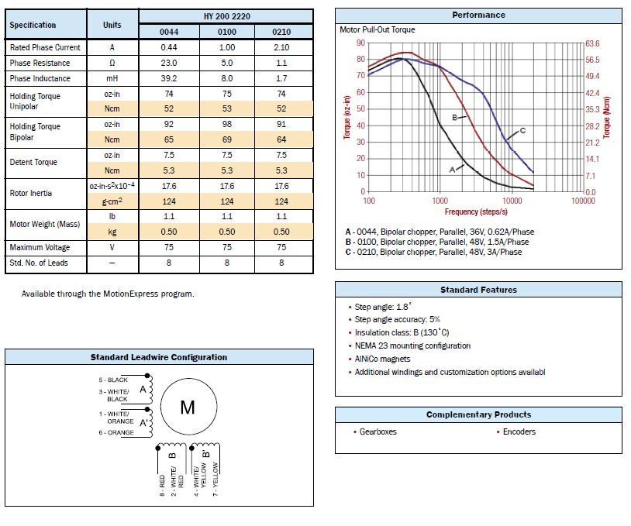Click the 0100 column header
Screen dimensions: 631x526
[x=227, y=32]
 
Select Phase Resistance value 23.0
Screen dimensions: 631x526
[x=169, y=63]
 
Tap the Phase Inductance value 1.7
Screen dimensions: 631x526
[x=281, y=78]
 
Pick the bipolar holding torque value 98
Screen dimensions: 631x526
[x=227, y=125]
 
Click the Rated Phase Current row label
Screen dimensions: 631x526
[x=45, y=47]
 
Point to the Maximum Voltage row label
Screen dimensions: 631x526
[x=40, y=247]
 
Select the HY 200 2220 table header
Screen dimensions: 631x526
[x=227, y=16]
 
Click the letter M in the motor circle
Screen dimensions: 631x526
[x=188, y=407]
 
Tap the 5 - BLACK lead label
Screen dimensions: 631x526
[x=113, y=380]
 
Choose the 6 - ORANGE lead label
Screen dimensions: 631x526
[x=116, y=433]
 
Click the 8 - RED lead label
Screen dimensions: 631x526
[x=162, y=486]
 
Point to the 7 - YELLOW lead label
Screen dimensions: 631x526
[x=216, y=480]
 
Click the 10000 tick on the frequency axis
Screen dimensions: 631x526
[x=512, y=201]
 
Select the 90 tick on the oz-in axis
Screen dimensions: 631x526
[x=360, y=43]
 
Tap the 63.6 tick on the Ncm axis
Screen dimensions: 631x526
[x=592, y=43]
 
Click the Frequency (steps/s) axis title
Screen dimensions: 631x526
[x=476, y=211]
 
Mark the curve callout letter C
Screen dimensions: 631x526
[x=522, y=130]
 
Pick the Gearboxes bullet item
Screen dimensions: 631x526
[x=375, y=431]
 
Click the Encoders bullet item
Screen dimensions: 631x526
[x=516, y=431]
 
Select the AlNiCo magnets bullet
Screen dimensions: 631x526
[x=380, y=359]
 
